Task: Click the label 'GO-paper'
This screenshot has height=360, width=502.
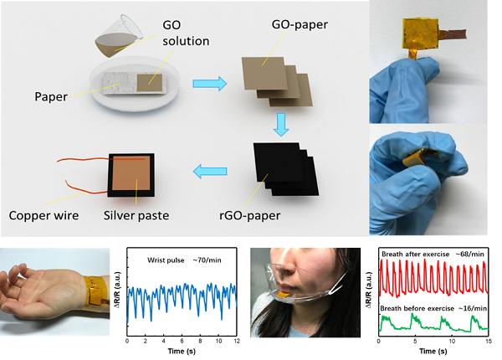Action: coord(300,24)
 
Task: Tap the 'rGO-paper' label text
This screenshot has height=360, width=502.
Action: coord(249,215)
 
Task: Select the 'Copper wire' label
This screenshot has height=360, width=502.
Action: coord(44,215)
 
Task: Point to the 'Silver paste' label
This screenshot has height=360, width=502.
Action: coord(136,215)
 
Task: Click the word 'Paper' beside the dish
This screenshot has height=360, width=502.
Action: coord(51,97)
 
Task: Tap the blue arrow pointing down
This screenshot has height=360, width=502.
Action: coord(281,125)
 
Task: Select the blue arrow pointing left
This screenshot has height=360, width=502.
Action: coord(210,172)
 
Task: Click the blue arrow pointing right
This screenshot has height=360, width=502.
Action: coord(210,84)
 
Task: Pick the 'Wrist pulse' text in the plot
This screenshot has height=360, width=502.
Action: coord(166,260)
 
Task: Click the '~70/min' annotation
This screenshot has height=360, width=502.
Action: coord(207,260)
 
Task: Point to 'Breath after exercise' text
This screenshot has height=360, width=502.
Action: coord(416,254)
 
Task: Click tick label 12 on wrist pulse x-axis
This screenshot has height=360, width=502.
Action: coord(237,341)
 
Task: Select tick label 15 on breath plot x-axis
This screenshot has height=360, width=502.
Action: coord(489,341)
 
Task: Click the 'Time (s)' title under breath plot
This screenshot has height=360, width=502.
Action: coord(433,352)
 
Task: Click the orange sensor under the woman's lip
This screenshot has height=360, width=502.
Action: coord(283,295)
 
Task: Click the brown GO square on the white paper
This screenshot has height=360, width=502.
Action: coord(150,83)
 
